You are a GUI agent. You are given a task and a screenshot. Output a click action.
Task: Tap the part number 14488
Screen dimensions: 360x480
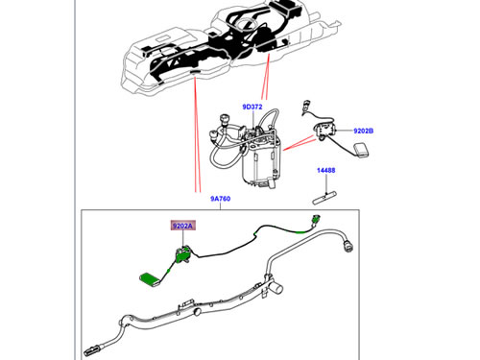coord(326,171)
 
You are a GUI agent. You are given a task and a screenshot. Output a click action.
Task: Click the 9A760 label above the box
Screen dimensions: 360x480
coord(220,199)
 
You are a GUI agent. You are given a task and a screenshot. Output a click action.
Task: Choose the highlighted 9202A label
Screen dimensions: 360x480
coord(181,227)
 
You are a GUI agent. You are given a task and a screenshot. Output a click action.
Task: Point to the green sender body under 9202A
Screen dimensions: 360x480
coord(180,256)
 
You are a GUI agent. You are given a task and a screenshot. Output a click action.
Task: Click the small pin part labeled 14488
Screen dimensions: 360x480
coord(325,191)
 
